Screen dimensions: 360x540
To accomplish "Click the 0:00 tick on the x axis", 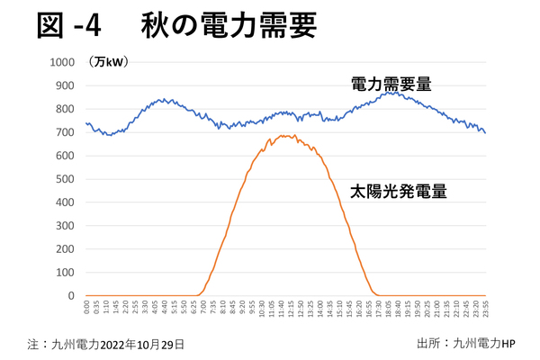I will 86,309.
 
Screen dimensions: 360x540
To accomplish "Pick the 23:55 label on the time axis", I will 486,309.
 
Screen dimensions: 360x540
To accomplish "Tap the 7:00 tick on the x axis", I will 203,309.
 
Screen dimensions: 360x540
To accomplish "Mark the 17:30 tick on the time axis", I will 379,309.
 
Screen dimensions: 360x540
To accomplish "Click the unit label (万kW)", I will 109,62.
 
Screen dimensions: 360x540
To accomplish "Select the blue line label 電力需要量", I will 391,85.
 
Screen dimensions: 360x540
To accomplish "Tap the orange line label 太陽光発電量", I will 399,191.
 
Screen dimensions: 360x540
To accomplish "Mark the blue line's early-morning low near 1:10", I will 107,135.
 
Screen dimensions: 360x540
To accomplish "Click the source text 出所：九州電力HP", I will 465,344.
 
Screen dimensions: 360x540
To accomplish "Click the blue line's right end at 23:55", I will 486,133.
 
